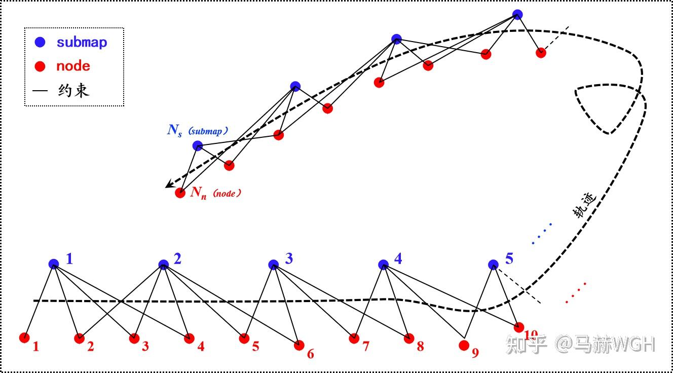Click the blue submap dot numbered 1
pos(54,264)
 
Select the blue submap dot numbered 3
pos(274,264)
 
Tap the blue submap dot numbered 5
pos(493,265)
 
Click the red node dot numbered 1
pos(24,338)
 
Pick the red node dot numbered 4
pos(189,338)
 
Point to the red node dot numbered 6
pos(299,345)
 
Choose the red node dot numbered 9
pos(463,345)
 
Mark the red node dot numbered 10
pos(518,327)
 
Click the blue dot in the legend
pos(40,42)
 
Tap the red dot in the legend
pos(40,66)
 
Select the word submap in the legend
pos(82,42)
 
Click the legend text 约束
pos(74,91)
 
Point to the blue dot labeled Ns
pos(198,146)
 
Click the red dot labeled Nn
pos(180,193)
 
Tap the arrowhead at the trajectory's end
pos(169,185)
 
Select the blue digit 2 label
pos(177,259)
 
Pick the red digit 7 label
pos(365,346)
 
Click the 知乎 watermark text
pos(527,345)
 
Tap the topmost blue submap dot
pos(517,14)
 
